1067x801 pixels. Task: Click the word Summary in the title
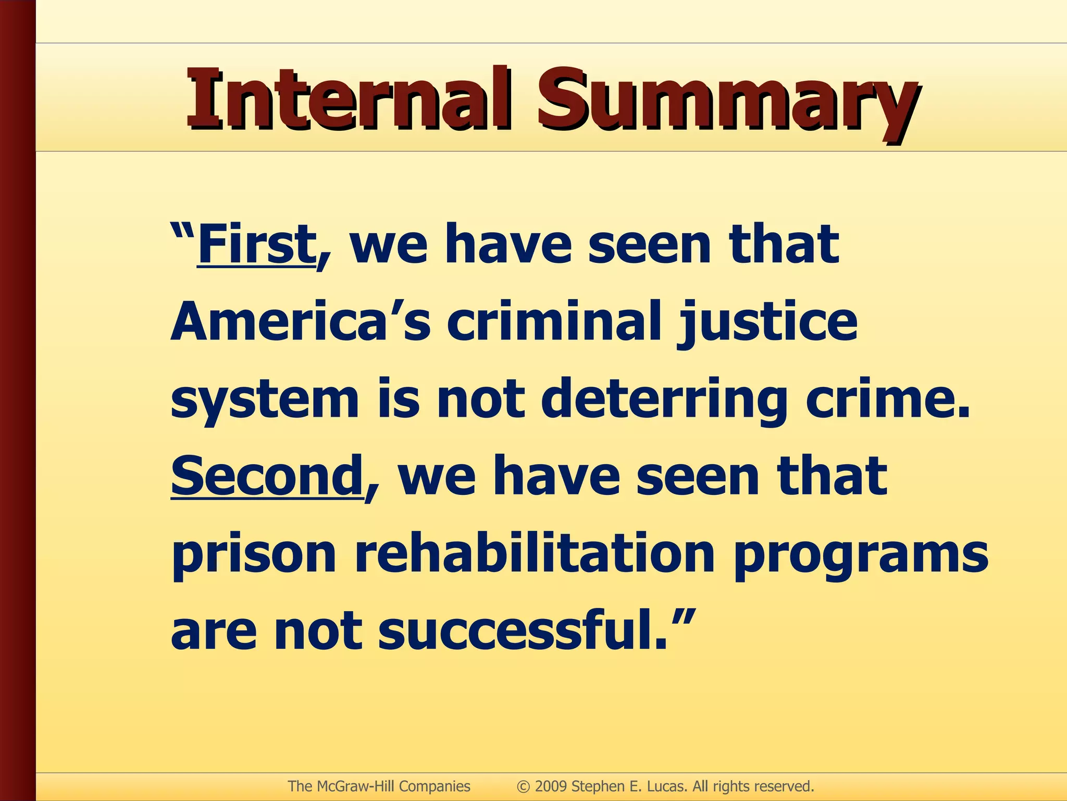pyautogui.click(x=727, y=102)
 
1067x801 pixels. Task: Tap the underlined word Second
pyautogui.click(x=267, y=476)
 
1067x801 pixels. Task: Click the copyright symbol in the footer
pyautogui.click(x=524, y=786)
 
